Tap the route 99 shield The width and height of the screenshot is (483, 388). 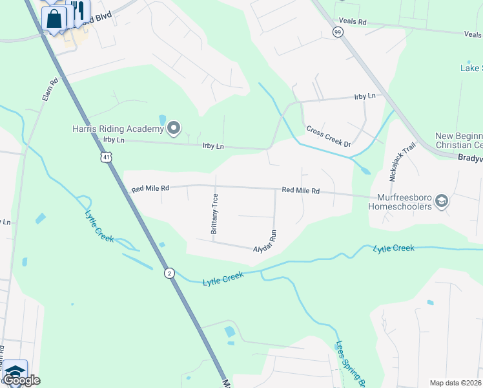point(337,32)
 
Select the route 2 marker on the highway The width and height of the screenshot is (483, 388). point(168,273)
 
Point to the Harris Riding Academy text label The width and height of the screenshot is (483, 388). point(118,129)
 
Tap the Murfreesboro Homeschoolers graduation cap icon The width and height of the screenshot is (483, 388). point(442,201)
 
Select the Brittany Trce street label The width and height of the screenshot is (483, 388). point(216,213)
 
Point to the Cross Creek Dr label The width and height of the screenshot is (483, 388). point(328,136)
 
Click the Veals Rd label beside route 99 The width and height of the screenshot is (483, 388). point(353,22)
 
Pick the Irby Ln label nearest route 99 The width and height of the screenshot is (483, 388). point(365,96)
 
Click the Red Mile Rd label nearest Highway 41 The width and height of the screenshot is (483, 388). point(150,189)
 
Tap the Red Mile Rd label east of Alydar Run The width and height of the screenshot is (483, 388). point(301,191)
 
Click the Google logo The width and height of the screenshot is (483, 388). point(21,380)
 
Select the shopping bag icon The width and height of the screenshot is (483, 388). point(54,18)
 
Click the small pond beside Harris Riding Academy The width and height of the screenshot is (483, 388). point(161,120)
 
